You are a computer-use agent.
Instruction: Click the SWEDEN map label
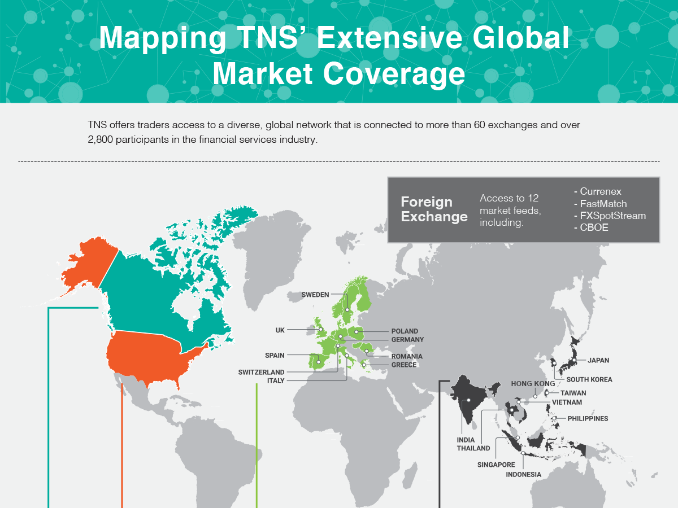pos(315,295)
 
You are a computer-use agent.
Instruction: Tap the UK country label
pos(280,330)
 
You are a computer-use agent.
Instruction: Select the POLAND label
pos(405,331)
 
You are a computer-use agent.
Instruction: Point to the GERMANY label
pos(407,340)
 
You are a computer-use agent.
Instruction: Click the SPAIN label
pos(275,356)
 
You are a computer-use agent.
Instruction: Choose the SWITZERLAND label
pos(261,373)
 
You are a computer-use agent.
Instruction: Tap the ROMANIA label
pos(407,357)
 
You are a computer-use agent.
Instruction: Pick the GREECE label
pos(404,365)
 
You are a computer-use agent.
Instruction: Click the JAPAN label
pos(598,360)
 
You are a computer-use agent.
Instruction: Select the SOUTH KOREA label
pos(589,380)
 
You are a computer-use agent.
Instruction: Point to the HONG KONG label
pos(529,384)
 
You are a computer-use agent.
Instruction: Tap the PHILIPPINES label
pos(588,419)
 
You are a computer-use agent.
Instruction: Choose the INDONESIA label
pos(523,475)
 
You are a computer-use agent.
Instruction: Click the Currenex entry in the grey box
pos(600,192)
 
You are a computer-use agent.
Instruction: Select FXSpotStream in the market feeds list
pos(612,216)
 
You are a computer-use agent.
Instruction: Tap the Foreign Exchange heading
pos(434,209)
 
